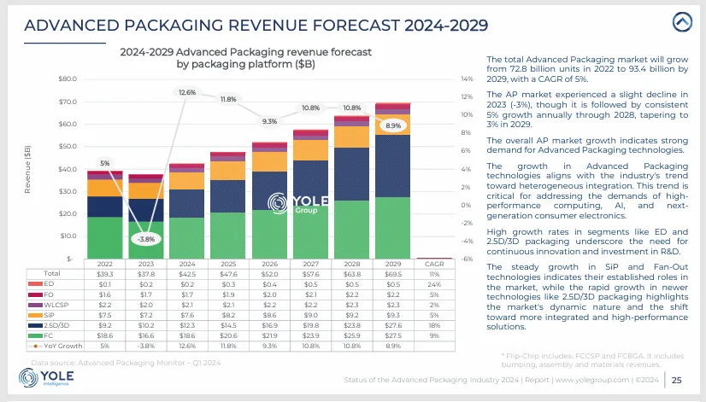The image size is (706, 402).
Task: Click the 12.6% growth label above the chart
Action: tap(187, 91)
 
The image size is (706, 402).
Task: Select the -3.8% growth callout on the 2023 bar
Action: tap(145, 239)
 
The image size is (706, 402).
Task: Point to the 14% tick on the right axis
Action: tap(466, 79)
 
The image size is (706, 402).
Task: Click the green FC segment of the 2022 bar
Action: tap(104, 237)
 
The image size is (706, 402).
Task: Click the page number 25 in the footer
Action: tap(676, 380)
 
